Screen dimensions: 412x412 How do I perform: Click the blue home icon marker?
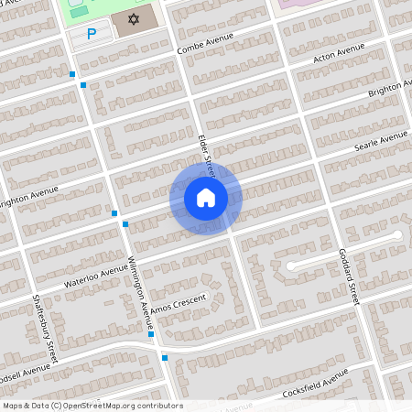point(206,198)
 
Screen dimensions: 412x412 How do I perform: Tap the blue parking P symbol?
point(91,34)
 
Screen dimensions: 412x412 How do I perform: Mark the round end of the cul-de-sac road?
point(396,236)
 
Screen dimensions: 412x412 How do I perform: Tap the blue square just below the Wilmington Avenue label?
point(151,334)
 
